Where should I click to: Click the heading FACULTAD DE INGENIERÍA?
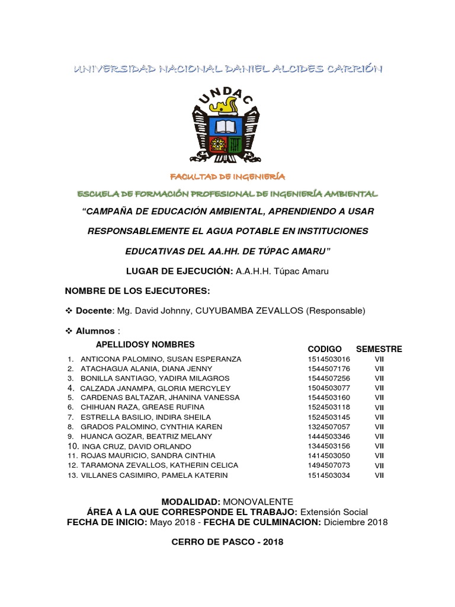227,177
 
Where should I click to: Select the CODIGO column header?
325,349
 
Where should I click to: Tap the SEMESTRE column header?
379,349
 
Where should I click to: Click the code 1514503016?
329,359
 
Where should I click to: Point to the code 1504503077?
329,388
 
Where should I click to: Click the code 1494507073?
329,465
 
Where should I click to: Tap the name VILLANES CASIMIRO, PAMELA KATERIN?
154,475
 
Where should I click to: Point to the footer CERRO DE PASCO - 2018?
227,542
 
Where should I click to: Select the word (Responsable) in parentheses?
336,311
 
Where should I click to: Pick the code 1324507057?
329,427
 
